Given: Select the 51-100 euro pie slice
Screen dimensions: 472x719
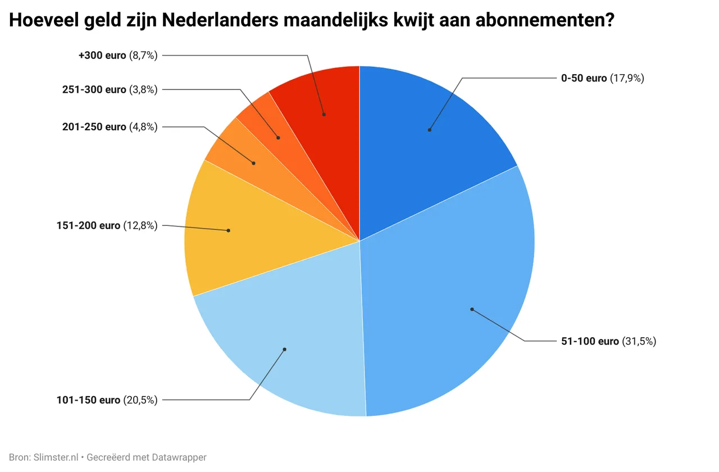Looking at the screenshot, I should pos(449,281).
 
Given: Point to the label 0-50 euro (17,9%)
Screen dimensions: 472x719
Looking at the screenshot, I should pos(602,78).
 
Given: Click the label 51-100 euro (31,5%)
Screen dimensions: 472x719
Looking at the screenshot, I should pos(608,341).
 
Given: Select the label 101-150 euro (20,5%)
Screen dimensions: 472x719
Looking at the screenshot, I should pos(107,400).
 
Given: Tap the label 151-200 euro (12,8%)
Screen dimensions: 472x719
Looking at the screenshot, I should pos(107,225).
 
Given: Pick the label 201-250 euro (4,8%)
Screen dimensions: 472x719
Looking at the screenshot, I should pos(110,126).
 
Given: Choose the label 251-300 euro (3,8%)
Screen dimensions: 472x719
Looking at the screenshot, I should pos(110,89).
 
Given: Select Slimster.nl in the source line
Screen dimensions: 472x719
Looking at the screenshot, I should pos(57,457).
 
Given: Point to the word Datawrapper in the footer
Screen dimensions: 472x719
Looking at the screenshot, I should pos(179,457).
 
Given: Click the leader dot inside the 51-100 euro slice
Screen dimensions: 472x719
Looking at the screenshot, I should pos(472,309).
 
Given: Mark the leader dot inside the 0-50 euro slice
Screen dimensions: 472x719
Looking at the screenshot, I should pos(429,130).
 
